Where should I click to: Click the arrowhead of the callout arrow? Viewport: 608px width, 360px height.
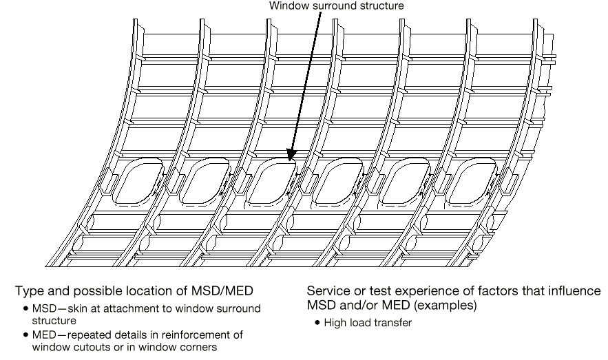pyautogui.click(x=291, y=158)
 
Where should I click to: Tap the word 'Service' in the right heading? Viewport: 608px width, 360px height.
pyautogui.click(x=328, y=291)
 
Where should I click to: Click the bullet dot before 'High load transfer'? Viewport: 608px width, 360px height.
pyautogui.click(x=317, y=322)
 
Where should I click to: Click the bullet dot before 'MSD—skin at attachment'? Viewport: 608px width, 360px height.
pyautogui.click(x=25, y=309)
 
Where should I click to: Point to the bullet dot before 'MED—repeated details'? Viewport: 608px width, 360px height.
pyautogui.click(x=25, y=336)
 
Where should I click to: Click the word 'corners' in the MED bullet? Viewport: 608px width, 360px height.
pyautogui.click(x=199, y=348)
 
